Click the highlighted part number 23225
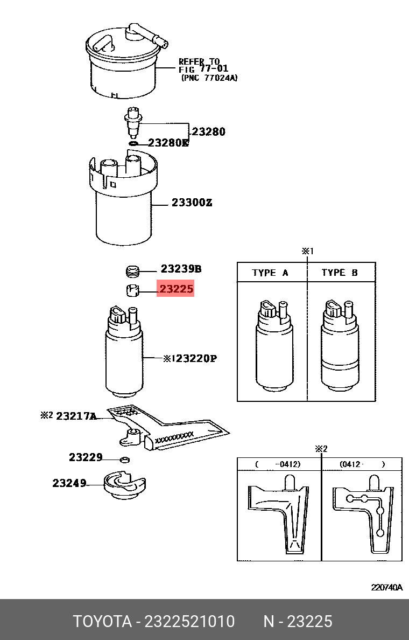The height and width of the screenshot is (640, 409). coord(175,289)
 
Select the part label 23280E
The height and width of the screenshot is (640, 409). coord(168,143)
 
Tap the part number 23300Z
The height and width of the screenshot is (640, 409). coord(192,203)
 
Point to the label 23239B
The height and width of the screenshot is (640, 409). coord(181,269)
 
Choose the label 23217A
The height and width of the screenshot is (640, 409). coord(76,416)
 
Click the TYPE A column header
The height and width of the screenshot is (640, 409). coord(270,273)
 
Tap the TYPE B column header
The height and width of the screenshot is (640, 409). coord(340,273)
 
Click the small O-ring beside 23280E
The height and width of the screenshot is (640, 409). coord(134,143)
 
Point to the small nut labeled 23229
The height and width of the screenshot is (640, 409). coord(124,460)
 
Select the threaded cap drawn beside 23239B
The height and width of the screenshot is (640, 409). coord(132,270)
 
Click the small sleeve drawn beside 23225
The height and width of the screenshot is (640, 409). coord(132,290)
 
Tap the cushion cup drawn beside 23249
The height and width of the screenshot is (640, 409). coord(125,484)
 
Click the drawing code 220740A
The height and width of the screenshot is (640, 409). coord(386,587)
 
